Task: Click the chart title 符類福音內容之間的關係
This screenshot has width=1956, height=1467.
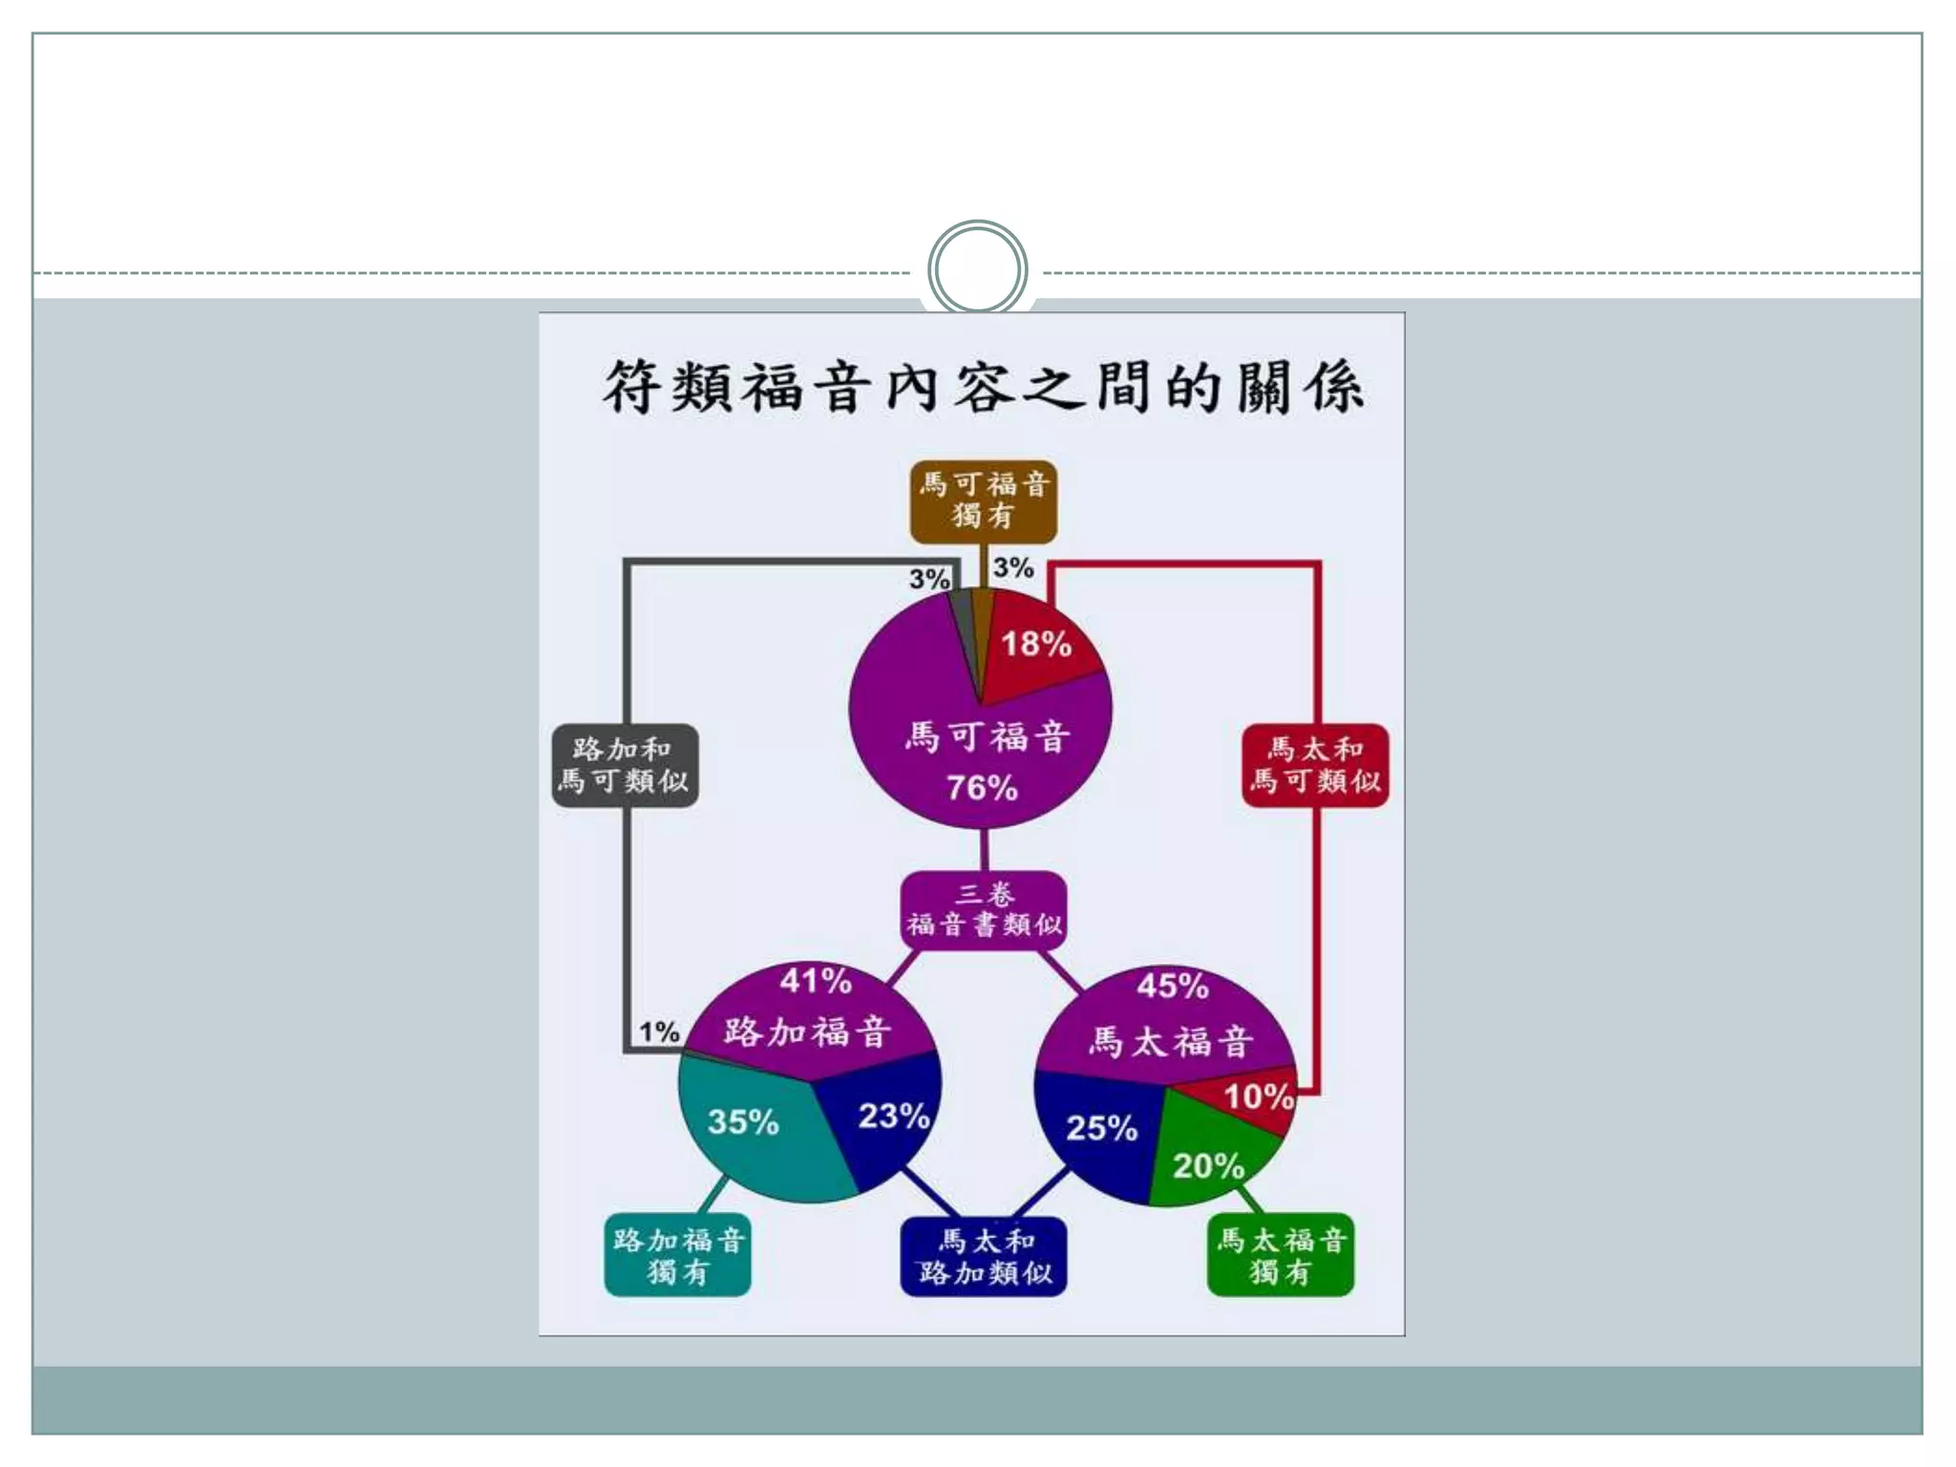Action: tap(983, 388)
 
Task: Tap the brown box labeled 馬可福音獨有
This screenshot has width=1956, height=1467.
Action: tap(983, 500)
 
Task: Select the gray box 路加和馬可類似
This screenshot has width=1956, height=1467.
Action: tap(626, 766)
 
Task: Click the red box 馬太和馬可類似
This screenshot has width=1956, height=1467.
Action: tap(1315, 766)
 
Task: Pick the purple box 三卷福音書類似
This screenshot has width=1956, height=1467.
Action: tap(983, 910)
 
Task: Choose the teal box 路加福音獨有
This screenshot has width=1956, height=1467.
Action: tap(678, 1256)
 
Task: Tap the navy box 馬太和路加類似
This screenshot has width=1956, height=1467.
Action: tap(984, 1256)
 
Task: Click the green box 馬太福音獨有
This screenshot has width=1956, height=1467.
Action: tap(1281, 1256)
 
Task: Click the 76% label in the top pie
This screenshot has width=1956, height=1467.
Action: tap(982, 788)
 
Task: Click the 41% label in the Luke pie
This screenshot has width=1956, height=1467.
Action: tap(816, 981)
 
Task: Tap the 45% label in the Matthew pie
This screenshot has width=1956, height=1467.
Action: tap(1173, 986)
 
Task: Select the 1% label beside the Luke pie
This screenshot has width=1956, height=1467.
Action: tap(659, 1031)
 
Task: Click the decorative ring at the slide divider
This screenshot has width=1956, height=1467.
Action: tap(977, 269)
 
